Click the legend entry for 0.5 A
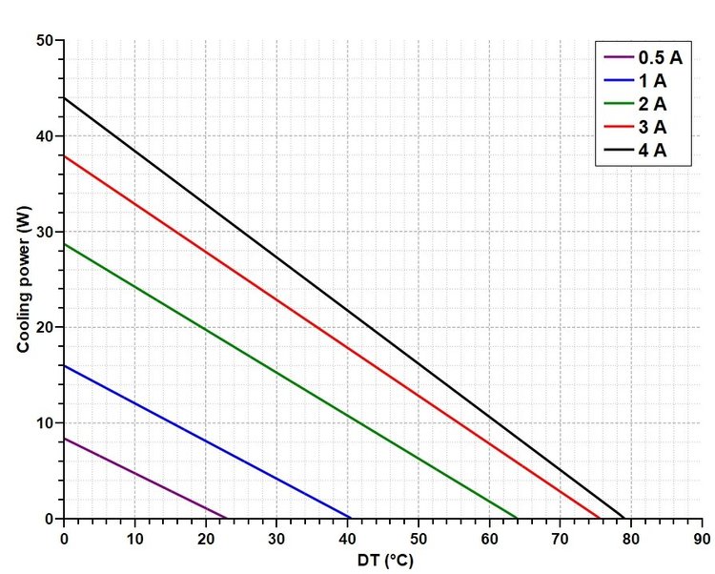point(643,55)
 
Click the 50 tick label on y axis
point(46,41)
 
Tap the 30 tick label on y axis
point(46,232)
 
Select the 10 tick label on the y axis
point(46,422)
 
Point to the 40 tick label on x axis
point(347,537)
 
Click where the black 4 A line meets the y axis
point(64,98)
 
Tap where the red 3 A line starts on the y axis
point(64,155)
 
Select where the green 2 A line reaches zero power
point(518,518)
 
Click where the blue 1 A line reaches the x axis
point(351,518)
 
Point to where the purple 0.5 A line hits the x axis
point(227,518)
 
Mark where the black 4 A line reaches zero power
point(624,518)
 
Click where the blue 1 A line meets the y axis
point(64,365)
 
